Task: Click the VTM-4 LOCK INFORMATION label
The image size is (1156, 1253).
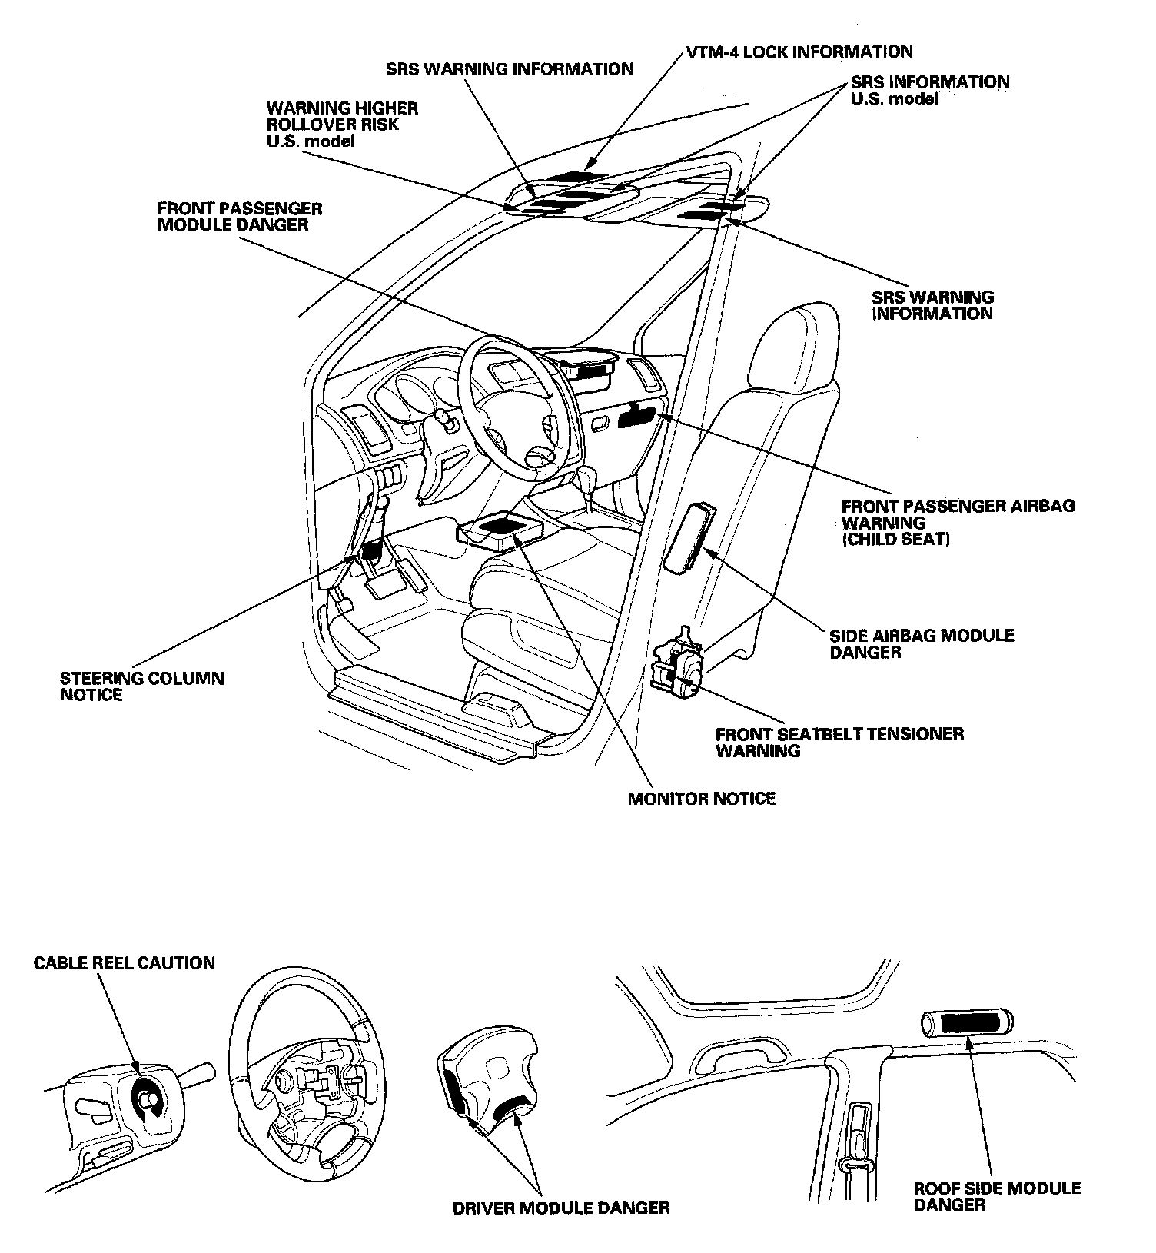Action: (799, 52)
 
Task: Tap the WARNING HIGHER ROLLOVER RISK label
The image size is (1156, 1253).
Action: (342, 124)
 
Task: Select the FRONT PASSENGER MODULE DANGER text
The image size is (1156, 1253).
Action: (240, 217)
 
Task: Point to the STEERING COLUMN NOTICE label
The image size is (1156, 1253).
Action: (142, 686)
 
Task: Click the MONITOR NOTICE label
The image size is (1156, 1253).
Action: (702, 799)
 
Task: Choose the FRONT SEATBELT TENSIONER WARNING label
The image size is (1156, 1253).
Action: (839, 742)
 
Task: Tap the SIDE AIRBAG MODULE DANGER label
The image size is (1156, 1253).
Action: (922, 643)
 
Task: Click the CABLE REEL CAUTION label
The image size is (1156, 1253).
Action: (125, 963)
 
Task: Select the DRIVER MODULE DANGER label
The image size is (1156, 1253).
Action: (561, 1208)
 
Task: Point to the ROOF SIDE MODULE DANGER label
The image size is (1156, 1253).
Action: (997, 1196)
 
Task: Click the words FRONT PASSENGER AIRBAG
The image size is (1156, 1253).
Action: (958, 506)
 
